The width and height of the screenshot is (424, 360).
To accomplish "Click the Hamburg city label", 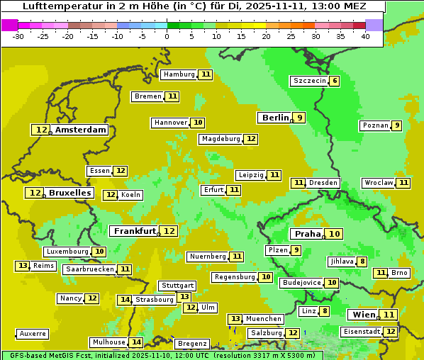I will (x=179, y=74).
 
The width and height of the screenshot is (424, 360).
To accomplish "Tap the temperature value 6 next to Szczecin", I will (x=334, y=81).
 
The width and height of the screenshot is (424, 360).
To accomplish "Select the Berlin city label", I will (x=275, y=118).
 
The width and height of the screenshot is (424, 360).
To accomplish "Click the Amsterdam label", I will (x=81, y=130).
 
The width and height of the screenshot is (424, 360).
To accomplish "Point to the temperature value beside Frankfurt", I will (x=169, y=231).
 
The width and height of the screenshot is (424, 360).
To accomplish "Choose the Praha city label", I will (x=308, y=234).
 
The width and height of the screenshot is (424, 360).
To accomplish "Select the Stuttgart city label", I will (x=177, y=286).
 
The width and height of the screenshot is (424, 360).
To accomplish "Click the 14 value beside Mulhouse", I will (x=136, y=342).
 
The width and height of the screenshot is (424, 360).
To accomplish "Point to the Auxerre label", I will (x=33, y=333).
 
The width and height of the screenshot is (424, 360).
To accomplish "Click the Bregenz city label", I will (x=192, y=344).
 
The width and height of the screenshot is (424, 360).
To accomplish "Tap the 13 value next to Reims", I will (x=23, y=266).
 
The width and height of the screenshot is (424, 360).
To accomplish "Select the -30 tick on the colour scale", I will (x=18, y=36).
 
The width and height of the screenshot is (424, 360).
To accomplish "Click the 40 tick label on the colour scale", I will (x=365, y=36).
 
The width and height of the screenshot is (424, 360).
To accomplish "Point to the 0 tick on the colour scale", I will (x=167, y=36).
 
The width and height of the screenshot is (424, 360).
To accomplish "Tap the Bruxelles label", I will (x=69, y=193).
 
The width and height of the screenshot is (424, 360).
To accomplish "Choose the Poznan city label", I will (x=374, y=125).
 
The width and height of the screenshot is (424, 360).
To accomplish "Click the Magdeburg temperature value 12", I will (x=251, y=139).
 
